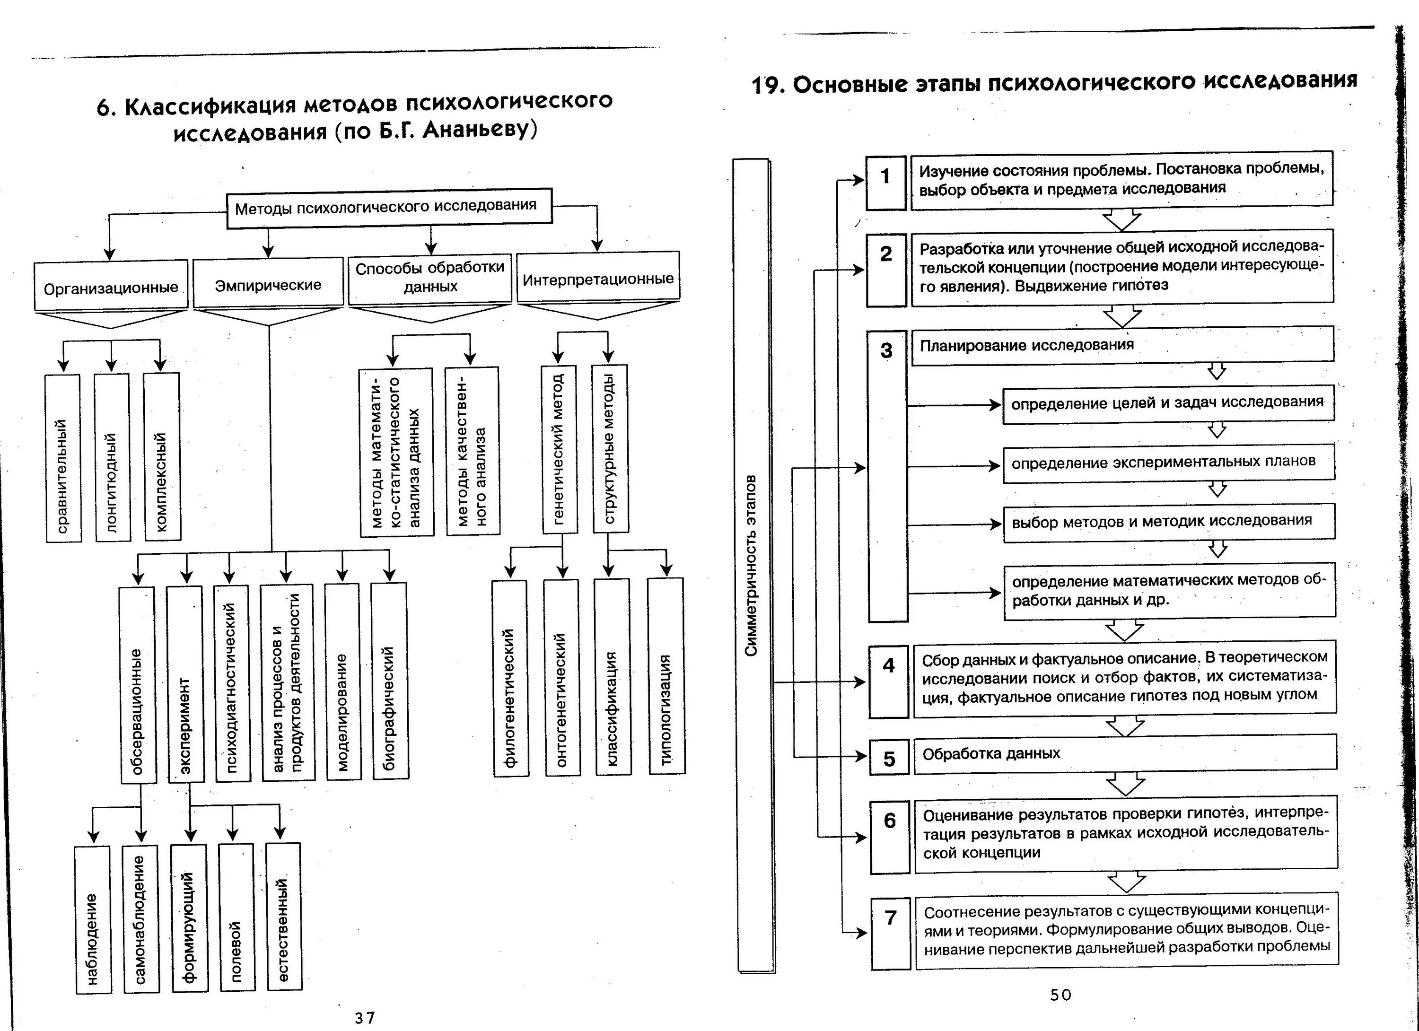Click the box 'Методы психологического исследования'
[388, 207]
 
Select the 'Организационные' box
[111, 286]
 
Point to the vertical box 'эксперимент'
[185, 684]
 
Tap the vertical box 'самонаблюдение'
[140, 918]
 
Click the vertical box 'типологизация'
[666, 676]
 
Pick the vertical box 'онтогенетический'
[562, 678]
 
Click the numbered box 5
[889, 758]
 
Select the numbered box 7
[890, 934]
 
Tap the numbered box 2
[886, 270]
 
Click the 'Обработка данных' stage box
[1124, 753]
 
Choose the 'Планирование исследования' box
[1122, 345]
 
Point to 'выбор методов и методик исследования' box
[1168, 522]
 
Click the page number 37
[364, 1018]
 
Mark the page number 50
[1060, 995]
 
